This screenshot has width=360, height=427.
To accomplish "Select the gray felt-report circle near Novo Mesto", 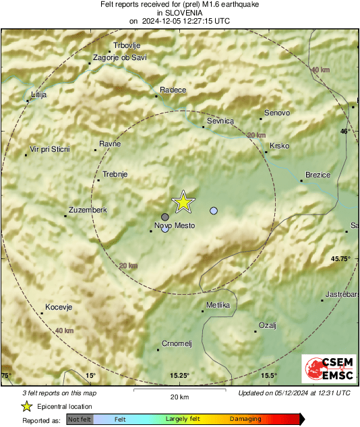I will click(x=165, y=217).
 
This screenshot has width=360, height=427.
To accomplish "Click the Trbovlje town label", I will click(x=126, y=46).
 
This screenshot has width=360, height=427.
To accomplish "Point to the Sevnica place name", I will click(x=220, y=121).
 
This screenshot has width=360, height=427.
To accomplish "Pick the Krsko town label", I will click(x=280, y=146).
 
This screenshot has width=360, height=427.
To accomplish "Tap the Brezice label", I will click(x=318, y=175).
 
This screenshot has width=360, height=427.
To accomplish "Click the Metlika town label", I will click(x=218, y=306).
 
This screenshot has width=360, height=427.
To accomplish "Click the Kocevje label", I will click(x=58, y=308).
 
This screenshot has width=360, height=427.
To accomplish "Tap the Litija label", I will click(x=39, y=95).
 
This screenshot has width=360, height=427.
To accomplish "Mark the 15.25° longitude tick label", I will click(x=179, y=376).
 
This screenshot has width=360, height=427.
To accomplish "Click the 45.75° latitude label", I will click(x=341, y=258).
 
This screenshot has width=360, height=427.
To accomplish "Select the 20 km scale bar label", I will click(x=179, y=396).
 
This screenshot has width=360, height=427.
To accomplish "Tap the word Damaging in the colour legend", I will click(x=245, y=419).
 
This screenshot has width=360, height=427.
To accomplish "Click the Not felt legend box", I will click(x=80, y=419).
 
